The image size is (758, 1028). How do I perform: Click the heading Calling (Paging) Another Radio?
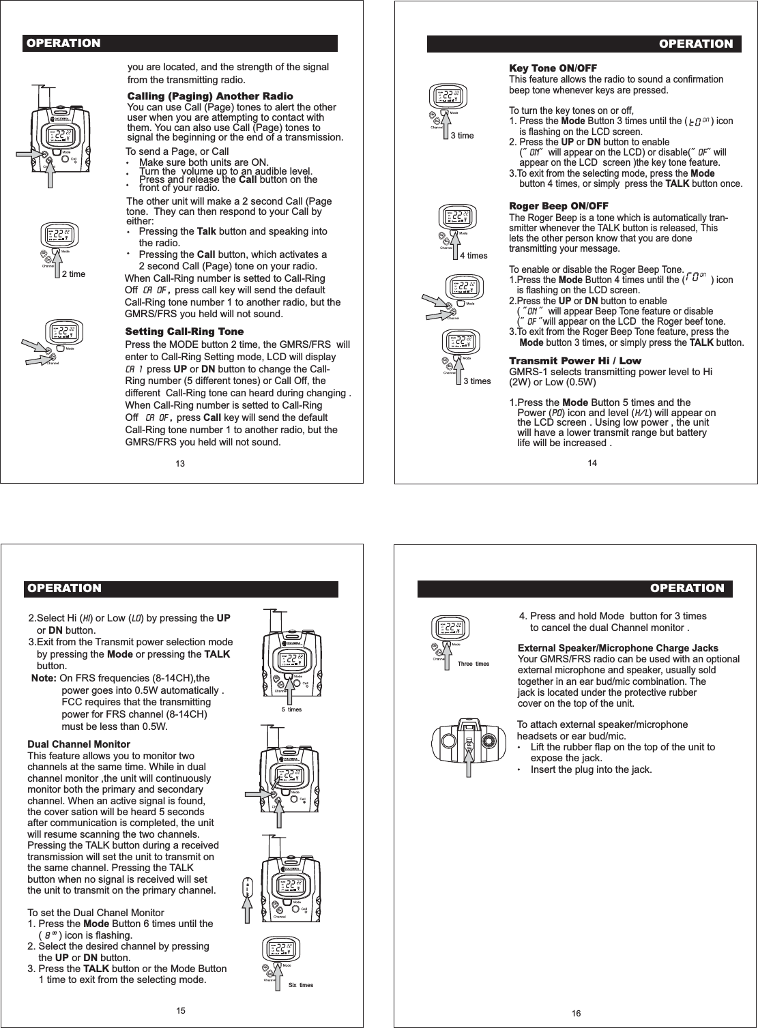click(210, 96)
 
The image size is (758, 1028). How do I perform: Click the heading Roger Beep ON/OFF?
click(559, 207)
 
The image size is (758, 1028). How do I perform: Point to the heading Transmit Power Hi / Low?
click(575, 361)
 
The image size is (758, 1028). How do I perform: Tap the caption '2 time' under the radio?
click(74, 274)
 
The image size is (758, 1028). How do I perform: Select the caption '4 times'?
click(473, 256)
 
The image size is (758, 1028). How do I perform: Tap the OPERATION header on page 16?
click(687, 588)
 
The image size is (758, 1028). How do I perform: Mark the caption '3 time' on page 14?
click(463, 136)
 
